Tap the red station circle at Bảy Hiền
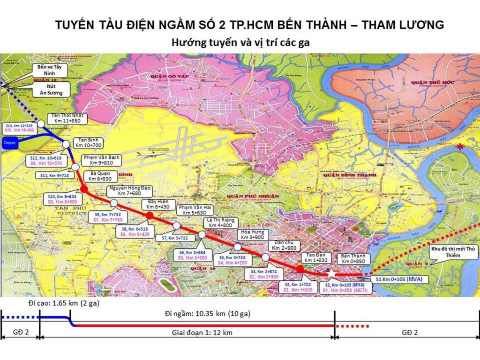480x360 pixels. click(150, 215)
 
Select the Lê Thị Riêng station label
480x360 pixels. click(220, 223)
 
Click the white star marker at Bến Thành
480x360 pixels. click(331, 273)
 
